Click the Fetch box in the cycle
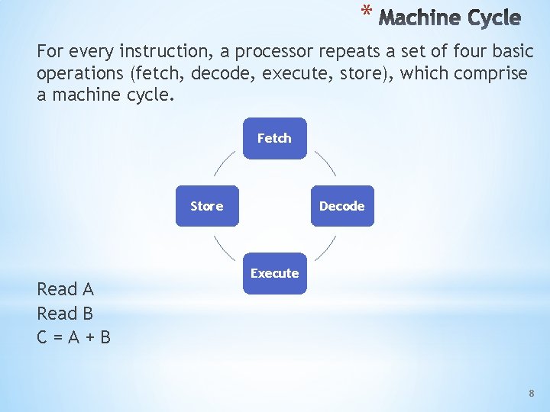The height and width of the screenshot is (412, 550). tap(274, 138)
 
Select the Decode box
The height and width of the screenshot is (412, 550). tap(341, 206)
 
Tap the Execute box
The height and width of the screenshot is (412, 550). tap(274, 273)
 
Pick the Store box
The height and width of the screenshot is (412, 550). tap(207, 206)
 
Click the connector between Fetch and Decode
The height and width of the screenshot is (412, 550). tap(326, 162)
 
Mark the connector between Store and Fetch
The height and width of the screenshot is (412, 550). tap(223, 162)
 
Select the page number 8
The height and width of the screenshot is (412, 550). tap(532, 393)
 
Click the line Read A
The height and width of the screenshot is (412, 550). tap(65, 289)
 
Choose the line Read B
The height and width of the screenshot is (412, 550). tap(65, 314)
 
